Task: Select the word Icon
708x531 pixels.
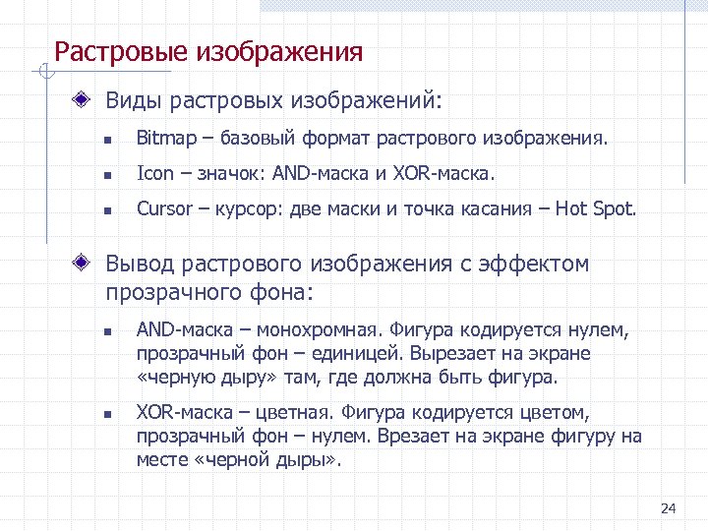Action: [154, 174]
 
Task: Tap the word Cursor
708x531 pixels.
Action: [163, 208]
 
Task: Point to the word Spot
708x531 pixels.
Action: [615, 208]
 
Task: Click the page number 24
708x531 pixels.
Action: [669, 508]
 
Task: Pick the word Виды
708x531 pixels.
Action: [134, 100]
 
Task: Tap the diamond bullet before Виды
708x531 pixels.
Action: [88, 99]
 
